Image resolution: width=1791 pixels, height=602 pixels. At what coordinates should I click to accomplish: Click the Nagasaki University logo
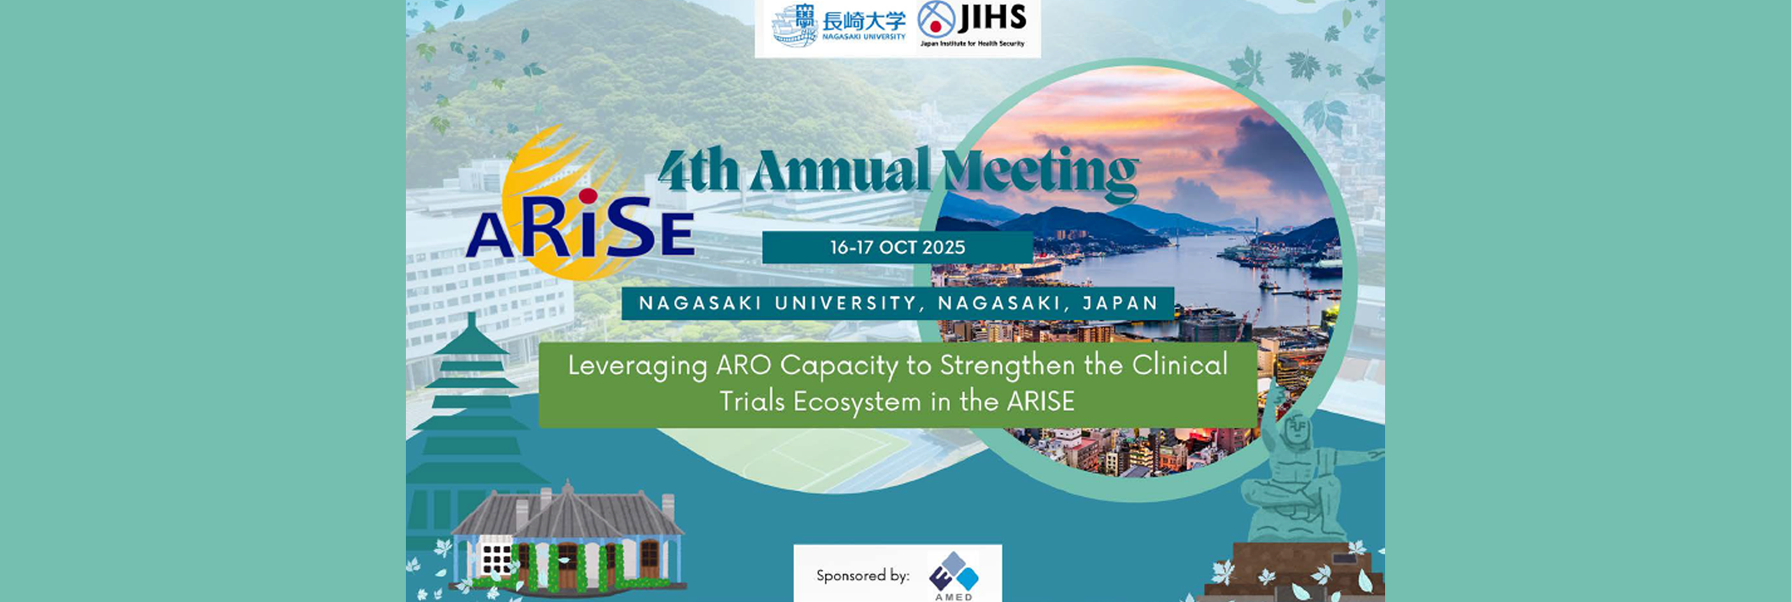(x=838, y=26)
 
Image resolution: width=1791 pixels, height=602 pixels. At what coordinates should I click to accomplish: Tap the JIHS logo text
(x=992, y=18)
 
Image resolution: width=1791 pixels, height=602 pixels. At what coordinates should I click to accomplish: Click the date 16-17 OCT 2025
(x=898, y=247)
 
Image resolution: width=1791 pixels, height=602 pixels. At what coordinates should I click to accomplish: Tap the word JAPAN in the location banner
(x=1120, y=303)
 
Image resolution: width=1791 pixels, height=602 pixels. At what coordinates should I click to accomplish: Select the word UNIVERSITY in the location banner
(x=845, y=303)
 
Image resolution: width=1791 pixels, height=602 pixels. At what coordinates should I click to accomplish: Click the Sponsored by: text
(x=863, y=575)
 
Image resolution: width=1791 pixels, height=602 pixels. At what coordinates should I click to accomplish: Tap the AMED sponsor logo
(x=954, y=576)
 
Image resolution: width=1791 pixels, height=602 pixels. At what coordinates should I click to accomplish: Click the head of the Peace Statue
(x=1298, y=428)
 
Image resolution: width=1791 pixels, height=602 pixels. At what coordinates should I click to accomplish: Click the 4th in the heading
(x=699, y=171)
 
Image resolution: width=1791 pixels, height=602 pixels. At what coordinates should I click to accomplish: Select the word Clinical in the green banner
(x=1180, y=365)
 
